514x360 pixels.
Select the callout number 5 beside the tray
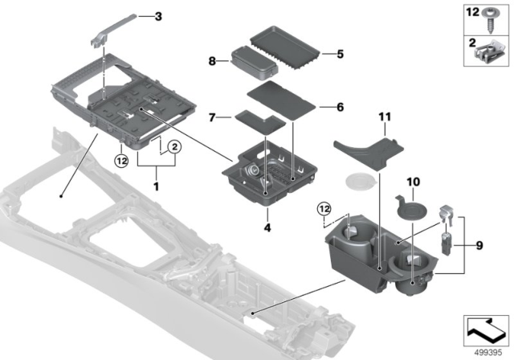pyautogui.click(x=339, y=55)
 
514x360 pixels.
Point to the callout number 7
pyautogui.click(x=214, y=117)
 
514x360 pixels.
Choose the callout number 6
pyautogui.click(x=339, y=105)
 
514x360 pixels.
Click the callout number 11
pyautogui.click(x=384, y=118)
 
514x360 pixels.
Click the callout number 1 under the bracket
pyautogui.click(x=157, y=186)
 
